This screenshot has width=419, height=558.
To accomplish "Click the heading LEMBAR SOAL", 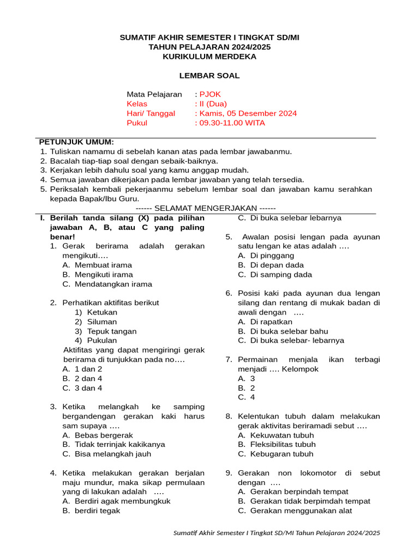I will [x=209, y=76].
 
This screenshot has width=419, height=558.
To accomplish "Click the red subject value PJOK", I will [x=210, y=94].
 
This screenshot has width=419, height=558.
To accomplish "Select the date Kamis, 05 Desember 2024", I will [x=248, y=113].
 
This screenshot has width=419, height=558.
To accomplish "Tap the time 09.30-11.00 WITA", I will [x=232, y=123].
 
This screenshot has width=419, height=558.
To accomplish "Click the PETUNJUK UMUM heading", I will [x=76, y=142].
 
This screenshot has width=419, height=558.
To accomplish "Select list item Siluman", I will [x=102, y=322].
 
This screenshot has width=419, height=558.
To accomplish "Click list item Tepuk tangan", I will [x=112, y=331].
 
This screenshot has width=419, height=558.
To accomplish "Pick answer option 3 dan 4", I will [x=88, y=388].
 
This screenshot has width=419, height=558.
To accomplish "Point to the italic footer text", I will [x=277, y=532].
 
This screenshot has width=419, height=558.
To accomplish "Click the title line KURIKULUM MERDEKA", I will [x=209, y=56].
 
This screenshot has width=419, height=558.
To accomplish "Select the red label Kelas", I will [x=137, y=104].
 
